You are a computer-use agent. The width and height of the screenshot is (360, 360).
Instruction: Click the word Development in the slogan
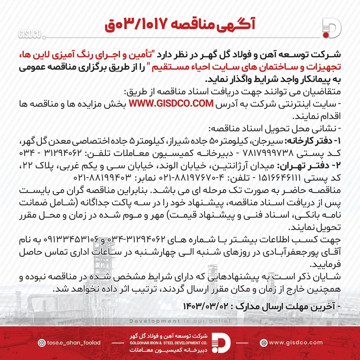pos(155,321)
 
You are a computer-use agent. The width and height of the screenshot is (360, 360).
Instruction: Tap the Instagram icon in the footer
pos(42,343)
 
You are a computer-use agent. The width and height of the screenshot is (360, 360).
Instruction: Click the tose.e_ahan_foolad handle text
pos(74,343)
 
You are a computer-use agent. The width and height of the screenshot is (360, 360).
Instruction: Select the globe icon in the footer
pos(264,343)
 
